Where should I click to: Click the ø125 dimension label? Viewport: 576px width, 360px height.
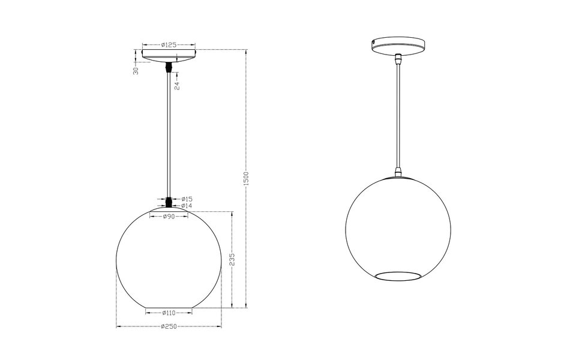169,44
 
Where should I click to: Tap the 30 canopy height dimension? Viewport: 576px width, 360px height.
136,70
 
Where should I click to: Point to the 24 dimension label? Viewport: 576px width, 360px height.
177,86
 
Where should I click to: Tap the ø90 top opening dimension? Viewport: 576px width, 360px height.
169,217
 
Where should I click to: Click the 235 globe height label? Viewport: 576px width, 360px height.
232,259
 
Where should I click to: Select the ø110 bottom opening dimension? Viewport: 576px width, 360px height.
169,313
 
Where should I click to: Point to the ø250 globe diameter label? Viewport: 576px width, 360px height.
169,326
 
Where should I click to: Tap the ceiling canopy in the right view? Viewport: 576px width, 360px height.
398,46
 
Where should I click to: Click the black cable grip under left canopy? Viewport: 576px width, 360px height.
169,67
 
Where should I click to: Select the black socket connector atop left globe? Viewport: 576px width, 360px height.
169,202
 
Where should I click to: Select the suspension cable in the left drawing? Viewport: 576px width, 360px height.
169,132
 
